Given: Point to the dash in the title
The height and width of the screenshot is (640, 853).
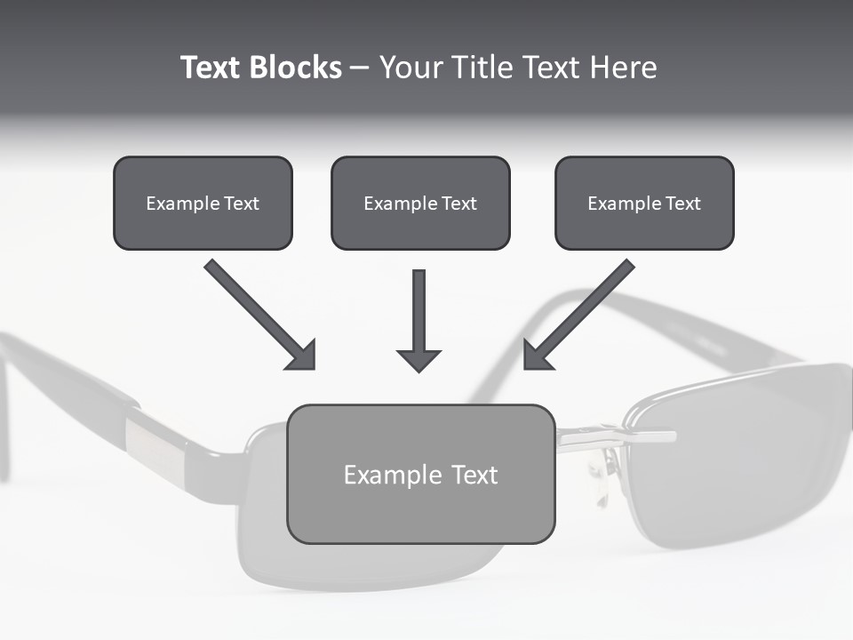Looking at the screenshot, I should coord(360,68).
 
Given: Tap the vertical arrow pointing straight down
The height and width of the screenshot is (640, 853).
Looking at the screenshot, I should coord(419,320).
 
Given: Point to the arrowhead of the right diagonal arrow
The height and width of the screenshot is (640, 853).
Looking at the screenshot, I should coord(537,356).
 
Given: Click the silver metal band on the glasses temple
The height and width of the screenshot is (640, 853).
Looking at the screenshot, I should coord(155,450).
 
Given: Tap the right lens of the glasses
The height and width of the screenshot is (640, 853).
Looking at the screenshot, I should coord(737,453).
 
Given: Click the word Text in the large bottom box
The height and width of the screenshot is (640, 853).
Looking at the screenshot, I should coord(474,475).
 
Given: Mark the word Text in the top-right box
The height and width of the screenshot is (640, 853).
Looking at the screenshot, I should coord(683,204).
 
